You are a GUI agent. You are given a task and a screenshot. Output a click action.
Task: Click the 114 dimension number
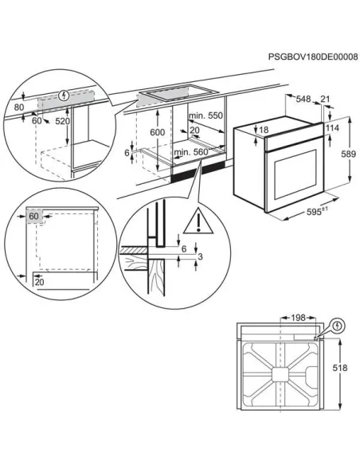(334, 127)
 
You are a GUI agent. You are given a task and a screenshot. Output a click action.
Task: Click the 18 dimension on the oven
(264, 131)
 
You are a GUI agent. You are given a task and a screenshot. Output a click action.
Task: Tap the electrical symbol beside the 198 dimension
(337, 326)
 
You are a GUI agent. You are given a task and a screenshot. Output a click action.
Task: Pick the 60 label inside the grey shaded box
(33, 216)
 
